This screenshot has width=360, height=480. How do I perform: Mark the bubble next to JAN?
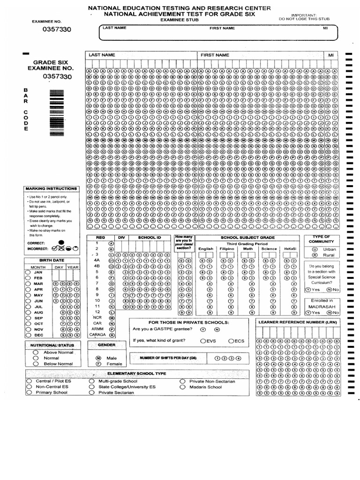click(x=28, y=272)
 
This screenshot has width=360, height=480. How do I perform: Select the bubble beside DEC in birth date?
click(x=28, y=335)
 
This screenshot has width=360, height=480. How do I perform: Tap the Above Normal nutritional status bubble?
click(x=36, y=352)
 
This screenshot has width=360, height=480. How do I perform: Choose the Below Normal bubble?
click(x=36, y=363)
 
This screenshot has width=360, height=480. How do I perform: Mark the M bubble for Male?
click(x=98, y=358)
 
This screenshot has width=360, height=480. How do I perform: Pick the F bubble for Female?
click(x=98, y=363)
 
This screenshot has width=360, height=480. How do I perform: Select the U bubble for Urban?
click(x=315, y=249)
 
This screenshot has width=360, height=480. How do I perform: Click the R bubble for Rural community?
click(x=315, y=255)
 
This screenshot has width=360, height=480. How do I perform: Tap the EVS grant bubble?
click(x=203, y=341)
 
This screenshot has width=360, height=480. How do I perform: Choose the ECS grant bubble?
click(x=231, y=341)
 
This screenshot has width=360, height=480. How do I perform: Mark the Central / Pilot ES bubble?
click(x=30, y=381)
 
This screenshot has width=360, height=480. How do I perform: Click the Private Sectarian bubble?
click(x=91, y=392)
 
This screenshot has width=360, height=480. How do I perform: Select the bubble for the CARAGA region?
click(x=112, y=335)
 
